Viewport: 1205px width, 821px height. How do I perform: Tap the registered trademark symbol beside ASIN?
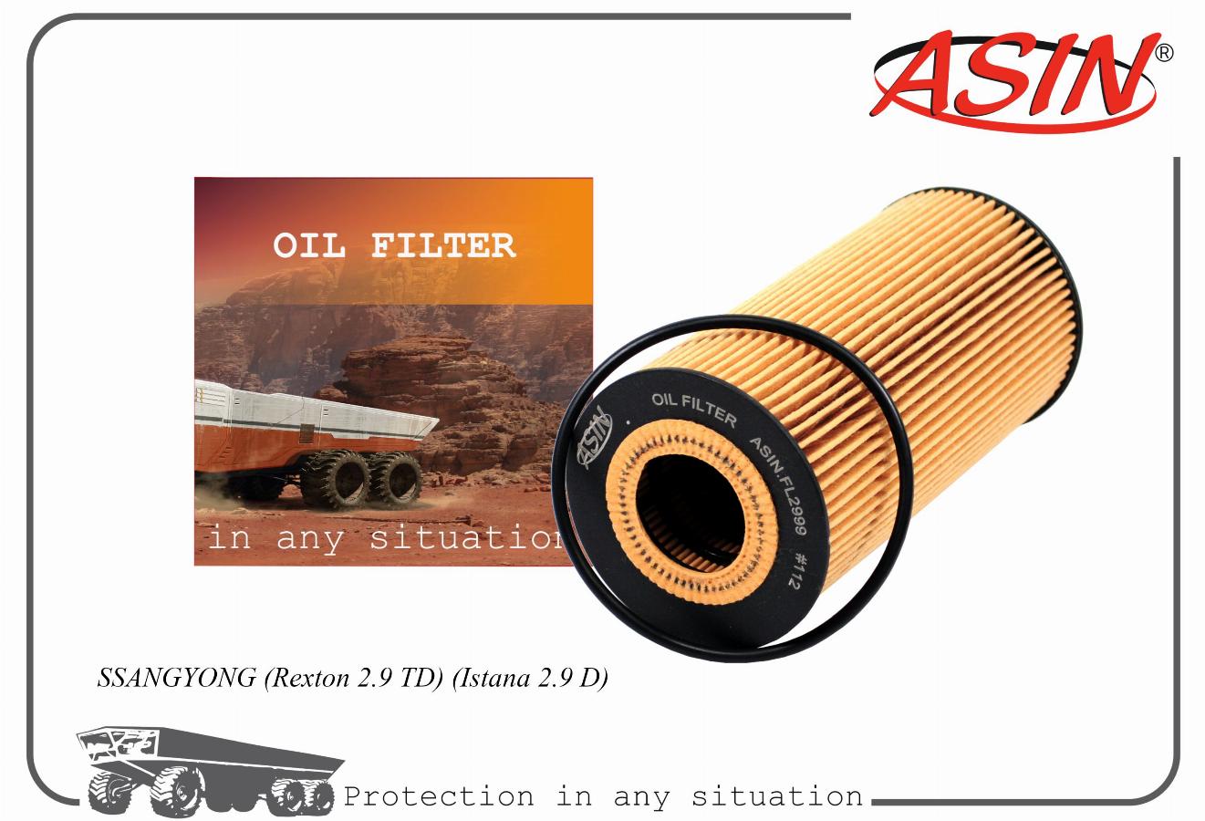[1165, 53]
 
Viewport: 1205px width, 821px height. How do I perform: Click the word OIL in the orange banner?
[309, 245]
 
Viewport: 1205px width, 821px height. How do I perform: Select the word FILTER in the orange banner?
[443, 245]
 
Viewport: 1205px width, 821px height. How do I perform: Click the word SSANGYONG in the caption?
[176, 678]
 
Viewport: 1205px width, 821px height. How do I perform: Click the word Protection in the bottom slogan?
[439, 796]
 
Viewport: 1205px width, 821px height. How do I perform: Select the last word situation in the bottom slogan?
[777, 796]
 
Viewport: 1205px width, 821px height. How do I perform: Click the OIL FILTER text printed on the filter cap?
[694, 410]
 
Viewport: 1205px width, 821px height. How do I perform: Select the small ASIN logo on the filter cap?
[595, 439]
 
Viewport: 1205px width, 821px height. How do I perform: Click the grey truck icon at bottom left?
[210, 770]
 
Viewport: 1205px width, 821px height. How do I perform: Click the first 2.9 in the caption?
[374, 679]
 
